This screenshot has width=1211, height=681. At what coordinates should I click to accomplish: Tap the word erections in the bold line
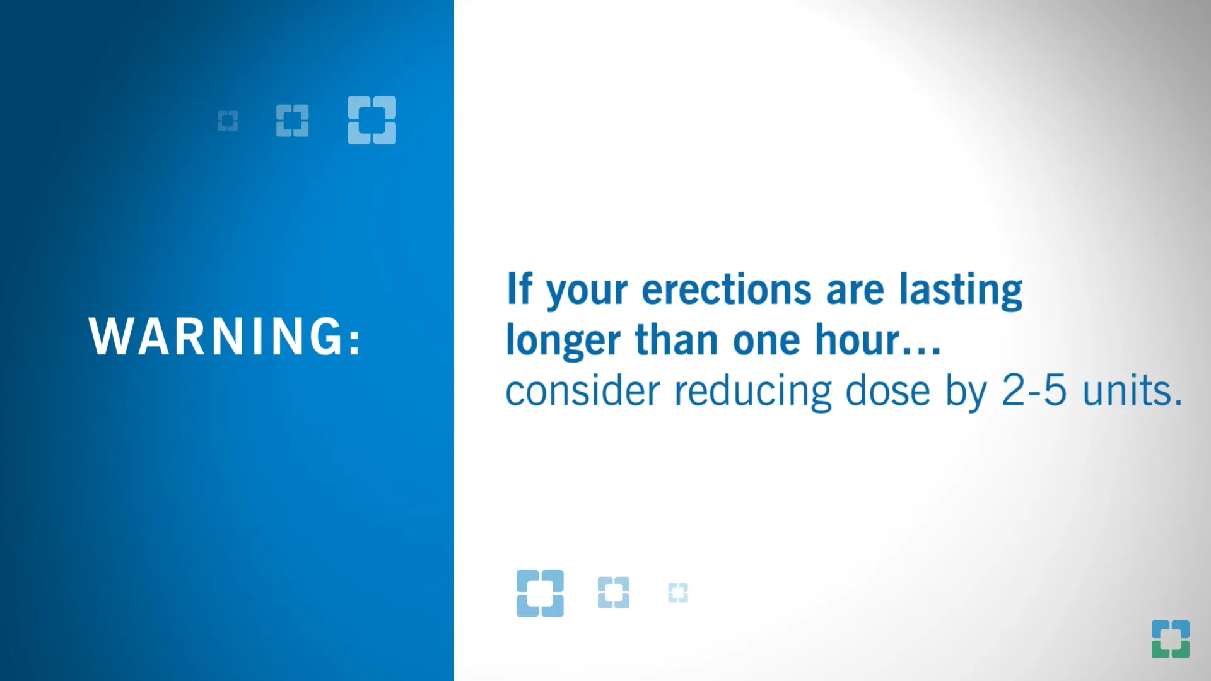(x=726, y=290)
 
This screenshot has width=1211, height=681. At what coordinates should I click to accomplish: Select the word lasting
(x=960, y=290)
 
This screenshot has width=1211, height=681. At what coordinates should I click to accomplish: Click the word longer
(x=563, y=341)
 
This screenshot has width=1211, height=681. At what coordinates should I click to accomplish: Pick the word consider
(x=582, y=391)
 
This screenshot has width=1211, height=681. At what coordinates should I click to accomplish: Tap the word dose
(x=887, y=391)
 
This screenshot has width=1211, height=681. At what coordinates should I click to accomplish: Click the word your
(x=587, y=291)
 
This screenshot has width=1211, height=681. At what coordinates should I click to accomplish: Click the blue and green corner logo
(x=1170, y=639)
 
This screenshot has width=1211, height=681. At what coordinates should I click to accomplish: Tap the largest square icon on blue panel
(x=371, y=120)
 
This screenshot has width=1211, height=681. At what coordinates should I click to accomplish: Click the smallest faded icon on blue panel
(x=228, y=120)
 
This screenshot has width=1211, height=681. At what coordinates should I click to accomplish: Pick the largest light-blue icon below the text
(x=540, y=593)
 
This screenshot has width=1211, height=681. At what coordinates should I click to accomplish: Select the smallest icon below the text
(x=678, y=593)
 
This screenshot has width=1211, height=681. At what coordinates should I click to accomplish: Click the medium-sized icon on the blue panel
(x=293, y=120)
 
